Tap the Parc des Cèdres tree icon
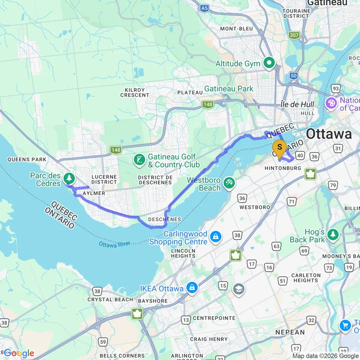tap(70, 179)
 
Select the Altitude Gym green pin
tap(269, 63)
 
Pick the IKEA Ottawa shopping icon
tap(192, 288)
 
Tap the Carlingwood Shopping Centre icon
tap(216, 236)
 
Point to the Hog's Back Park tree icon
tap(333, 235)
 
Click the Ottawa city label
tap(329, 134)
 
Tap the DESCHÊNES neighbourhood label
tap(165, 219)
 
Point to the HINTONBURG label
tap(283, 168)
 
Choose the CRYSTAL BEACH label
tap(110, 300)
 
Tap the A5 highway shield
tap(205, 8)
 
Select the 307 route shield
tap(294, 35)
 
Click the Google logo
tap(18, 353)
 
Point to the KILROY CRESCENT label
tap(135, 92)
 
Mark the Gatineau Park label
tap(228, 89)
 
